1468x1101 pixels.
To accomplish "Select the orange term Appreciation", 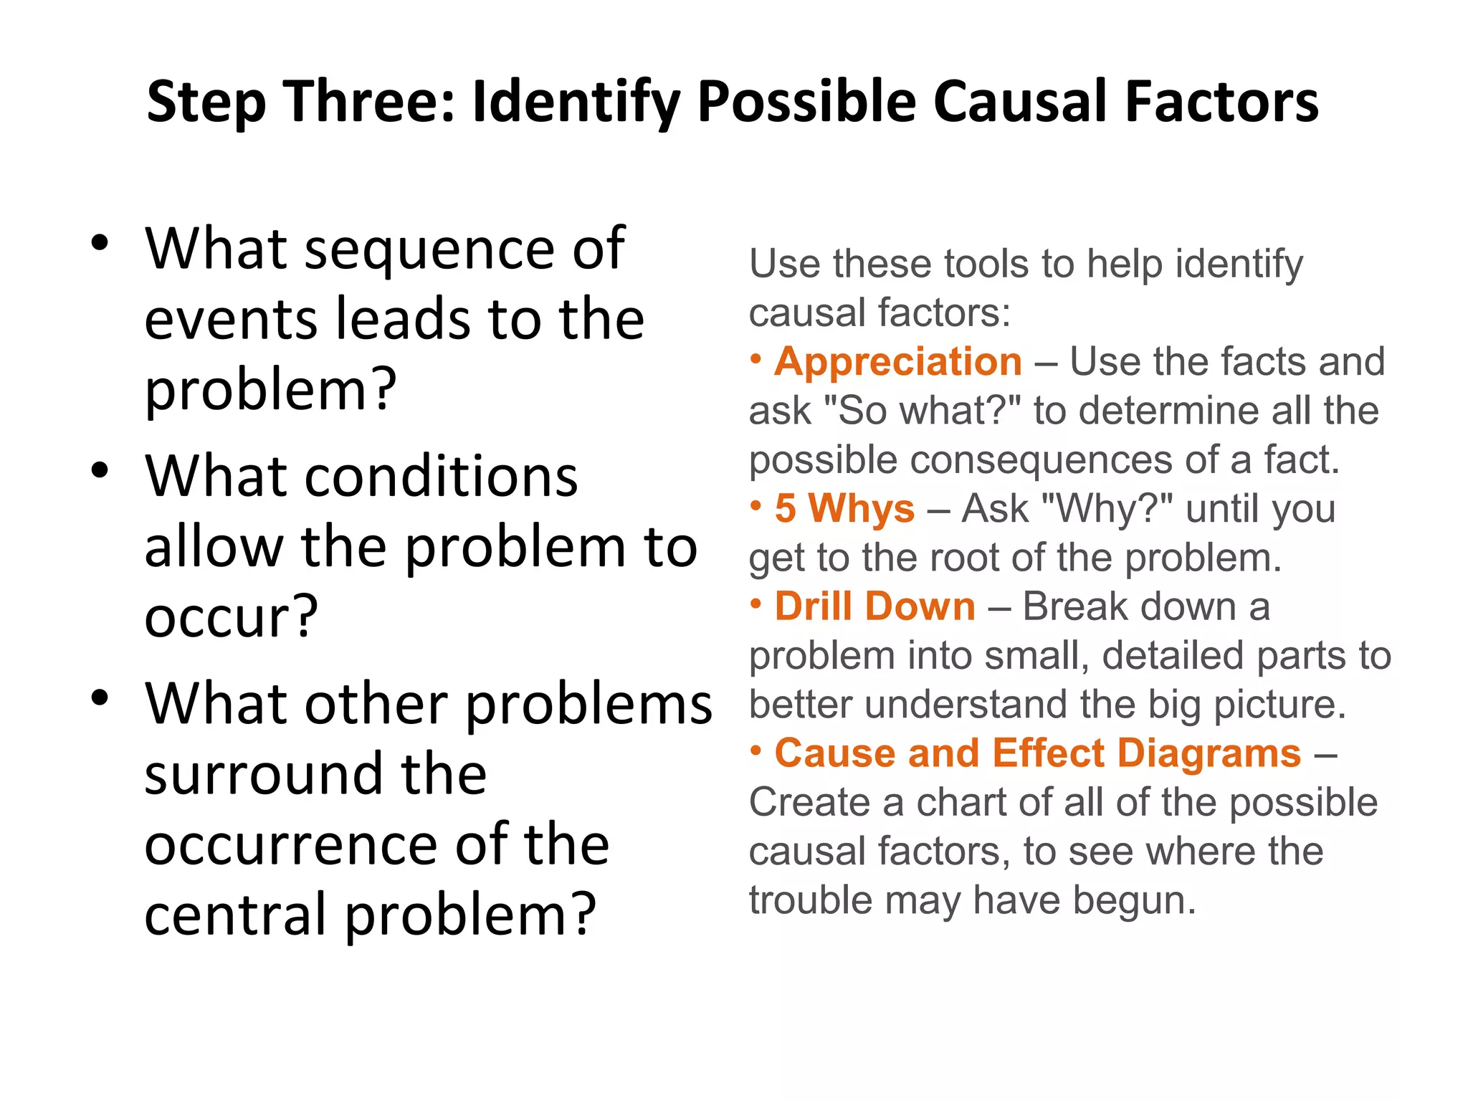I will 898,361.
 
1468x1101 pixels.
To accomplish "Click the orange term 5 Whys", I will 844,508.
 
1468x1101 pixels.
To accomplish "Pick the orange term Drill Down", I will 874,606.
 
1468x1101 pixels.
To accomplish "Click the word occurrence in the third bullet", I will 291,845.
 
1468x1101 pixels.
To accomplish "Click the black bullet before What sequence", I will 100,242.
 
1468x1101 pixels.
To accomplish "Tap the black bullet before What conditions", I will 100,470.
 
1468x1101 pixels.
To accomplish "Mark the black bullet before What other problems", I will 100,697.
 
